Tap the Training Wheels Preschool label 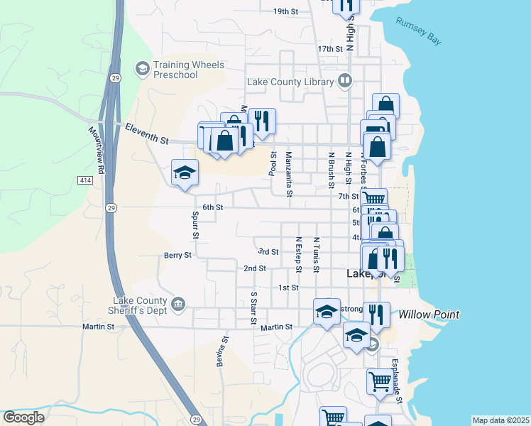pyautogui.click(x=189, y=70)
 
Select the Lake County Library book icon pyautogui.click(x=345, y=81)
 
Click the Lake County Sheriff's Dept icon pyautogui.click(x=178, y=305)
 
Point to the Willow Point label pyautogui.click(x=429, y=314)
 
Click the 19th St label pyautogui.click(x=285, y=11)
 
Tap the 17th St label pyautogui.click(x=330, y=49)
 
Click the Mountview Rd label pyautogui.click(x=97, y=151)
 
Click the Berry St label pyautogui.click(x=177, y=255)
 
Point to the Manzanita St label pyautogui.click(x=289, y=174)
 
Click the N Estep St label pyautogui.click(x=299, y=254)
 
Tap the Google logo pyautogui.click(x=24, y=417)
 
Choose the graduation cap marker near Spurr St pyautogui.click(x=185, y=173)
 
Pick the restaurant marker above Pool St pyautogui.click(x=262, y=122)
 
